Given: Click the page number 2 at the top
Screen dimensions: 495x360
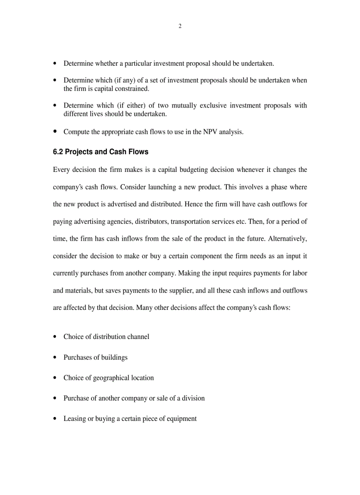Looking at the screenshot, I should pyautogui.click(x=180, y=26).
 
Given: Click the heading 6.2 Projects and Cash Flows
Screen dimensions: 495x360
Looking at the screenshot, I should pyautogui.click(x=101, y=152).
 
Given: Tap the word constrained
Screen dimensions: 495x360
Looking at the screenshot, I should pyautogui.click(x=130, y=89).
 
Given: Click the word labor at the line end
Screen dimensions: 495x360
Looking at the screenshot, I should pyautogui.click(x=300, y=273).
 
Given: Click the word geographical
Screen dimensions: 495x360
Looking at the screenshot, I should pyautogui.click(x=113, y=378).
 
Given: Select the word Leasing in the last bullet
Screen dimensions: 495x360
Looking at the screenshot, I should pyautogui.click(x=75, y=419).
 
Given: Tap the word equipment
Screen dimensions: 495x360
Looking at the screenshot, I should pyautogui.click(x=181, y=419).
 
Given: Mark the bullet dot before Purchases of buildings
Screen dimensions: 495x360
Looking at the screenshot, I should pyautogui.click(x=55, y=357).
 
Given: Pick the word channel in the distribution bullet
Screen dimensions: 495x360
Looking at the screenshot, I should pyautogui.click(x=138, y=337).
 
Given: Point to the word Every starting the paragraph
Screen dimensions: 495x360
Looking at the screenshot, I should pyautogui.click(x=61, y=170).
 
